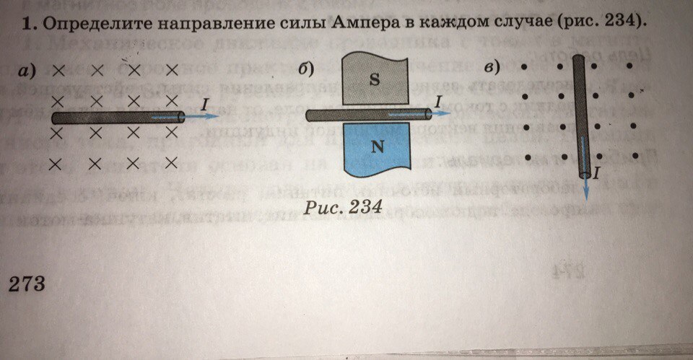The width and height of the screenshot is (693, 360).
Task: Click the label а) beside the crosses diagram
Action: pyautogui.click(x=28, y=71)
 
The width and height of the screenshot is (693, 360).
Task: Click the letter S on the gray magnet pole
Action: pyautogui.click(x=375, y=80)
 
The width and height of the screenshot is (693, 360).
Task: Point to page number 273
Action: pyautogui.click(x=27, y=283)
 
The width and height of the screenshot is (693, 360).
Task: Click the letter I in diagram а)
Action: pyautogui.click(x=206, y=105)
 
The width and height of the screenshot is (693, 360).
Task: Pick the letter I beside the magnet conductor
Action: pyautogui.click(x=437, y=102)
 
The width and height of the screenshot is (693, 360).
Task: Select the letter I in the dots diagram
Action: pyautogui.click(x=597, y=172)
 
